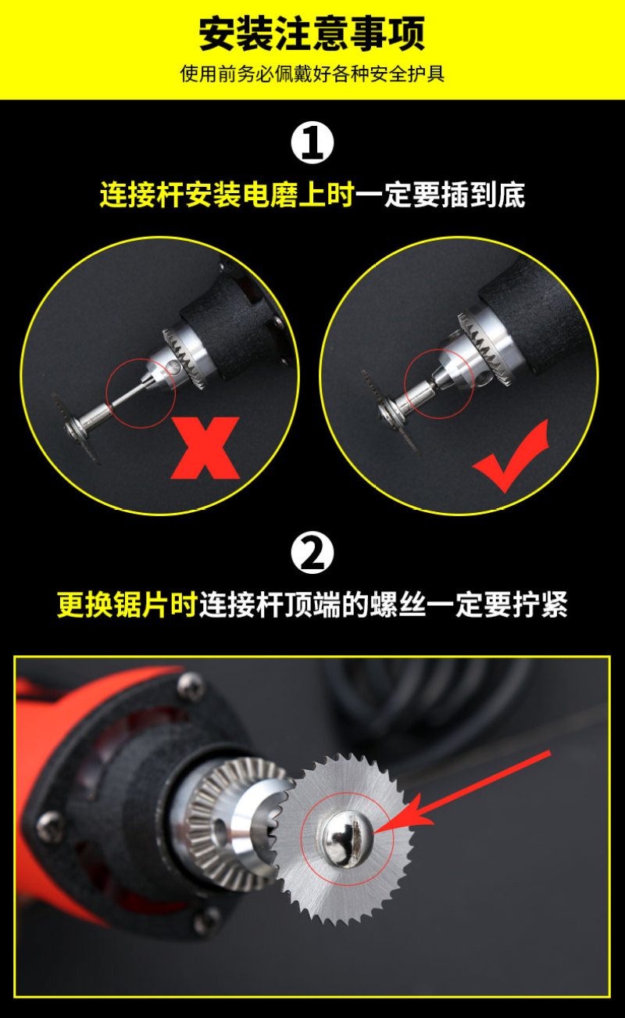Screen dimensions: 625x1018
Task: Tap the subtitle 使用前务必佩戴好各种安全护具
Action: coord(312,73)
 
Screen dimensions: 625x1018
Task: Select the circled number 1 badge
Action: coord(312,143)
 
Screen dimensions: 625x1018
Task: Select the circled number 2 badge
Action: coord(312,554)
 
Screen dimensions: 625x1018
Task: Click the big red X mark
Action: coord(205,448)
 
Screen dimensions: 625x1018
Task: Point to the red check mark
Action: coord(511,456)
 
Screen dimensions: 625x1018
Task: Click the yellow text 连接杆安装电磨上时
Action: coord(227,195)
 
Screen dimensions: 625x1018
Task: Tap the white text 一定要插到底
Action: coord(440,195)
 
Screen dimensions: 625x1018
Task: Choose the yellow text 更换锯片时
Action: coord(127,605)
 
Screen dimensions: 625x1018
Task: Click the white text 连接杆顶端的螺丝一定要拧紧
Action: coord(384,605)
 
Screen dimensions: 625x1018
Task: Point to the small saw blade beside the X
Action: coord(77,428)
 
